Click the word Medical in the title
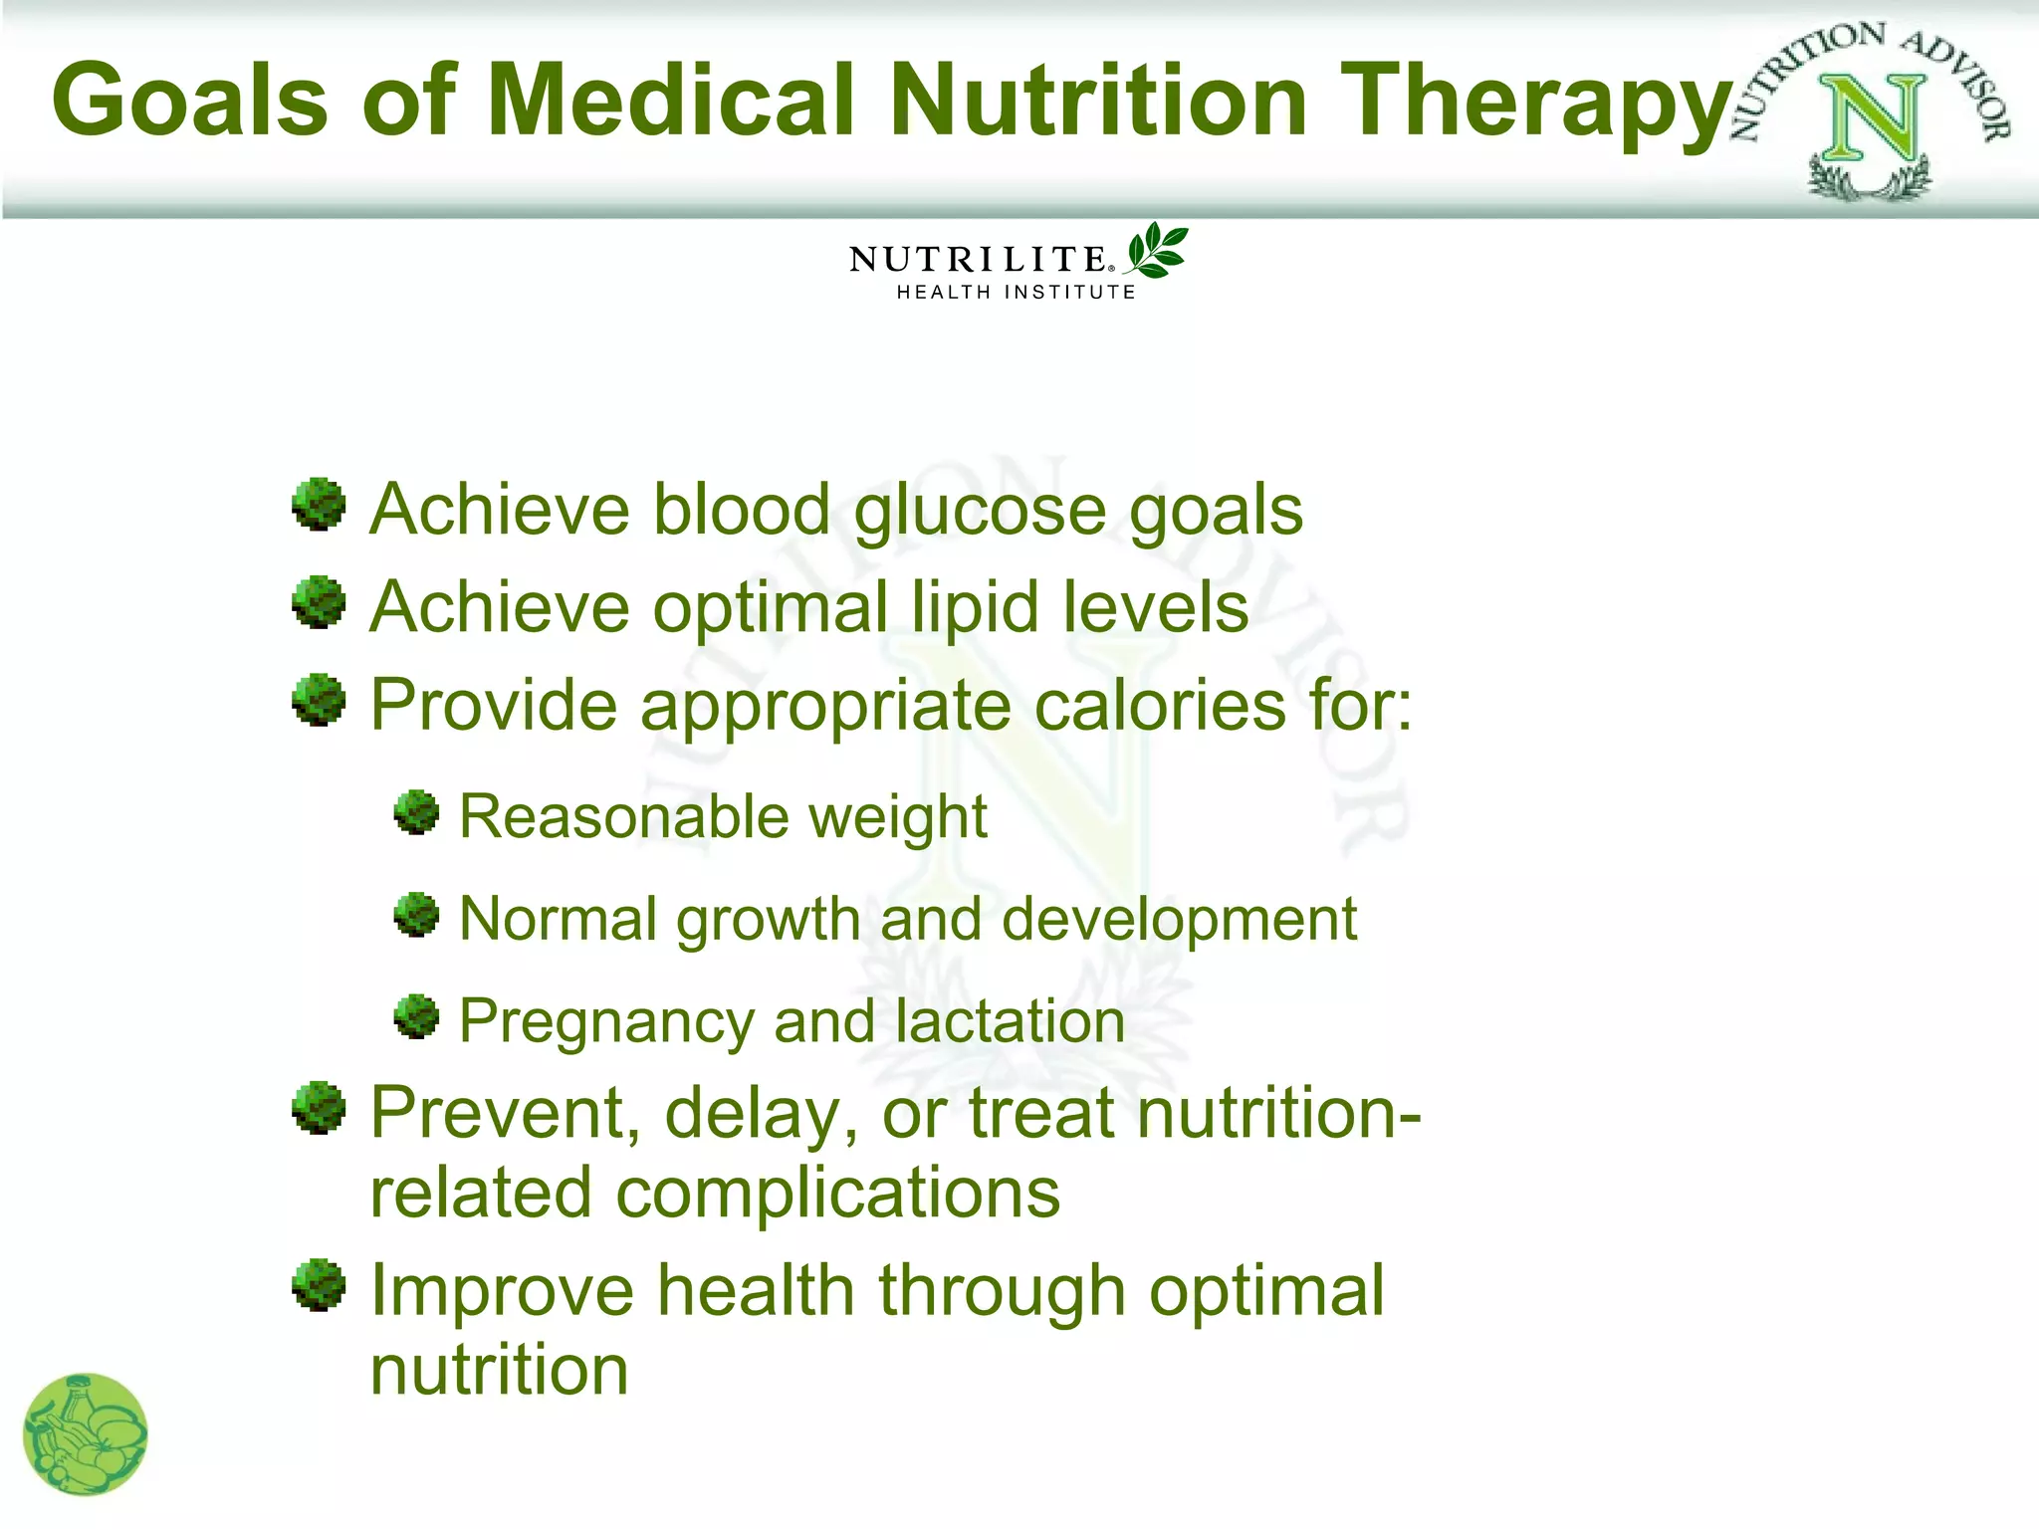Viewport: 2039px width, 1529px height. pyautogui.click(x=670, y=100)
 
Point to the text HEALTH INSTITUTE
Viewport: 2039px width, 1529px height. pyautogui.click(x=1016, y=292)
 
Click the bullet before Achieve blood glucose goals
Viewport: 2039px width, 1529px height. pyautogui.click(x=319, y=505)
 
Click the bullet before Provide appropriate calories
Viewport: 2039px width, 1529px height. pyautogui.click(x=319, y=700)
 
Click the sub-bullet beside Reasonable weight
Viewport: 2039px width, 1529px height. pyautogui.click(x=416, y=813)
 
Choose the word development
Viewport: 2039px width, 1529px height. pyautogui.click(x=1179, y=919)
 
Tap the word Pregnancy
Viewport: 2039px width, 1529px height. pyautogui.click(x=606, y=1023)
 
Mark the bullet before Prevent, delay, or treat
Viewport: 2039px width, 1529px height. pyautogui.click(x=319, y=1108)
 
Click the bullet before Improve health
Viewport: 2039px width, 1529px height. pyautogui.click(x=319, y=1285)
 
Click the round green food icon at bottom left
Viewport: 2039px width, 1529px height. pyautogui.click(x=86, y=1434)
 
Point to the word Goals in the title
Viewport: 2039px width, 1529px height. pyautogui.click(x=189, y=100)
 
